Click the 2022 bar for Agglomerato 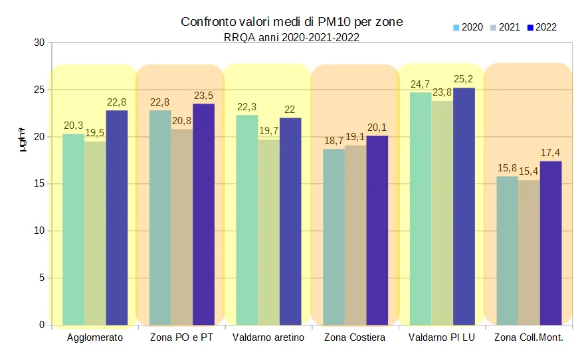click(117, 218)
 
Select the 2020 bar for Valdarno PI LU click(421, 209)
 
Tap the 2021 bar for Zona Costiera click(355, 235)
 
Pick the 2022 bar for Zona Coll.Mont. click(551, 243)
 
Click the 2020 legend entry click(468, 27)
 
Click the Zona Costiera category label click(355, 338)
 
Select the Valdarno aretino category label click(268, 338)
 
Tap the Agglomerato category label click(95, 338)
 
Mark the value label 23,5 click(203, 96)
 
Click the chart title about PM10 click(292, 23)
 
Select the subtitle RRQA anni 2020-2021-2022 click(292, 38)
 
